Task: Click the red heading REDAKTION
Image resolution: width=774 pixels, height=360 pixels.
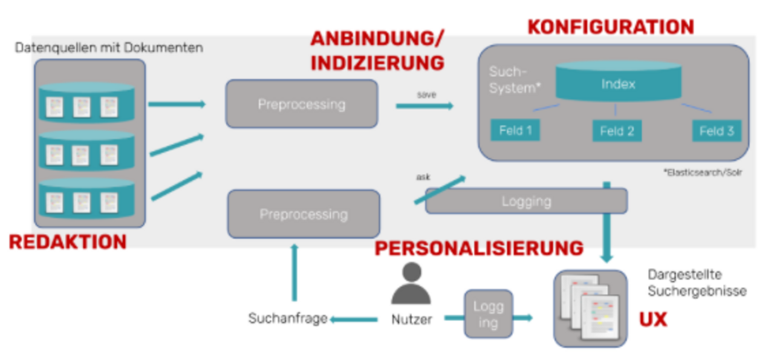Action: pyautogui.click(x=68, y=242)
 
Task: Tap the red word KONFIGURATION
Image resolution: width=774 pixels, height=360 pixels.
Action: pyautogui.click(x=611, y=27)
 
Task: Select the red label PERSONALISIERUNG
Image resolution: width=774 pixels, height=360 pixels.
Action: pyautogui.click(x=479, y=248)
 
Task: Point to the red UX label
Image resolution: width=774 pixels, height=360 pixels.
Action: pyautogui.click(x=653, y=319)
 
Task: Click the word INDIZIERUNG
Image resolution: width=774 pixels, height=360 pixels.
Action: pyautogui.click(x=377, y=62)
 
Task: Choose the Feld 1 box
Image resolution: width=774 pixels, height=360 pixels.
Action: pyautogui.click(x=515, y=130)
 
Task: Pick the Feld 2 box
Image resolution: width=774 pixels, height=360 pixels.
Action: pyautogui.click(x=616, y=131)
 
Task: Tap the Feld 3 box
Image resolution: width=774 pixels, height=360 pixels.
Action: pyautogui.click(x=717, y=131)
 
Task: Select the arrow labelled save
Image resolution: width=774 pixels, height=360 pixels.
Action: pyautogui.click(x=424, y=106)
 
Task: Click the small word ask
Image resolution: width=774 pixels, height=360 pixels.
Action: pyautogui.click(x=423, y=177)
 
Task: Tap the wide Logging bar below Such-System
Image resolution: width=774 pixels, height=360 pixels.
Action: pyautogui.click(x=526, y=201)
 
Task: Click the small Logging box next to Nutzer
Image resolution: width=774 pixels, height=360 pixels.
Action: pyautogui.click(x=488, y=314)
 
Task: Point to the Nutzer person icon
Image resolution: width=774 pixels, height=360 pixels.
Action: pyautogui.click(x=411, y=286)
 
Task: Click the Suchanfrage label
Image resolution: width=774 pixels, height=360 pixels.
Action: pyautogui.click(x=288, y=318)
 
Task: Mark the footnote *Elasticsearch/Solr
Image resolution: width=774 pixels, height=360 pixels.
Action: pyautogui.click(x=703, y=172)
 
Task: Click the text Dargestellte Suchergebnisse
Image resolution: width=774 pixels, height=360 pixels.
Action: pyautogui.click(x=697, y=283)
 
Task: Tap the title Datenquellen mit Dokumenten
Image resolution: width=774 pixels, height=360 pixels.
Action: pyautogui.click(x=109, y=47)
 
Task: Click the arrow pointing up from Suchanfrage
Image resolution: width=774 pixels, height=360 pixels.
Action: pyautogui.click(x=294, y=272)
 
